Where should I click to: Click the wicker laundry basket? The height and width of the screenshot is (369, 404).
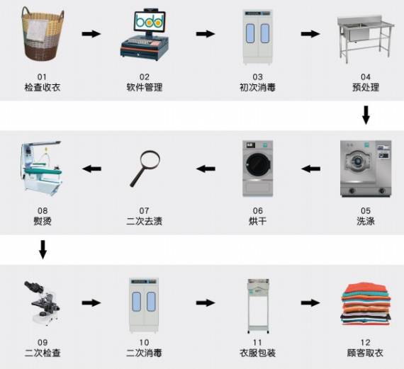coord(43,35)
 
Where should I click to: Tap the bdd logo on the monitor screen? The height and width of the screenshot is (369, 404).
coord(150,21)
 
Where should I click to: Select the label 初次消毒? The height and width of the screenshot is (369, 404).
coord(257,88)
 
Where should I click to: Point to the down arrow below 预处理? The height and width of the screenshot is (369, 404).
coord(366,115)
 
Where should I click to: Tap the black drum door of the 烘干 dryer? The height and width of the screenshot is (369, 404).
coord(258,165)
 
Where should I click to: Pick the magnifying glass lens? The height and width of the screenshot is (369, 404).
coord(150,159)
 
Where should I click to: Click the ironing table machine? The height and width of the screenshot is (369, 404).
coord(42,168)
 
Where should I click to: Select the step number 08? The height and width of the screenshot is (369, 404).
coord(43,211)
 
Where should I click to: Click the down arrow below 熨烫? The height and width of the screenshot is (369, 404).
coord(43,249)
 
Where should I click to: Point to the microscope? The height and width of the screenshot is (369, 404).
coord(43,303)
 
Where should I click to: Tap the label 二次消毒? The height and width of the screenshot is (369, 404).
coord(144,353)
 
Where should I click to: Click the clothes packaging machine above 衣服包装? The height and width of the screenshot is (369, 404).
coord(258,306)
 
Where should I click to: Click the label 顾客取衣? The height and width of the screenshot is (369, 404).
coord(365,353)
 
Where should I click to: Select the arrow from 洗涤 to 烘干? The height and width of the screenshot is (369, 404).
coord(310,169)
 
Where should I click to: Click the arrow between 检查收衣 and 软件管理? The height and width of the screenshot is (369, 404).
coord(91,34)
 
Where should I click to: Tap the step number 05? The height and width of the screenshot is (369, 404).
coord(366,211)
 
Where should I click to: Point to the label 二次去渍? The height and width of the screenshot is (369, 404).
coord(145,221)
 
